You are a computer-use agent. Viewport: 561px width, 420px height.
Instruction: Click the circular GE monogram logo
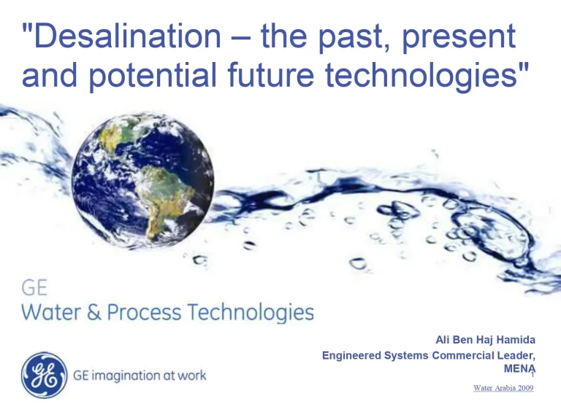coord(44,376)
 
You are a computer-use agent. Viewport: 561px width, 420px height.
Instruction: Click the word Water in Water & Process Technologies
coord(51,313)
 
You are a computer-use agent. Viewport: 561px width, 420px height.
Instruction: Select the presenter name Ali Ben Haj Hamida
coord(485,340)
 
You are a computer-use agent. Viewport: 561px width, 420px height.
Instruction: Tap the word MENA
coord(519,370)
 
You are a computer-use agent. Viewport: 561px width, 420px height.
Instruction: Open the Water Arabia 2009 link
coord(503,389)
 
